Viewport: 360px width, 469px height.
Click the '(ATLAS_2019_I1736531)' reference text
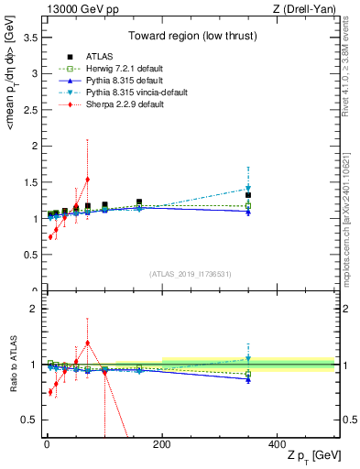click(191, 274)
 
